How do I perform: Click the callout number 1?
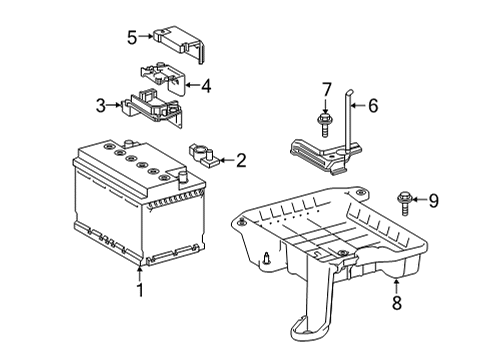[140, 291]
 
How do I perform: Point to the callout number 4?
[205, 86]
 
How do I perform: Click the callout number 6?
[373, 104]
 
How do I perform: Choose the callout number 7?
[327, 92]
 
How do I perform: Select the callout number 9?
[435, 200]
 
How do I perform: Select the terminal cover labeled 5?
[178, 41]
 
